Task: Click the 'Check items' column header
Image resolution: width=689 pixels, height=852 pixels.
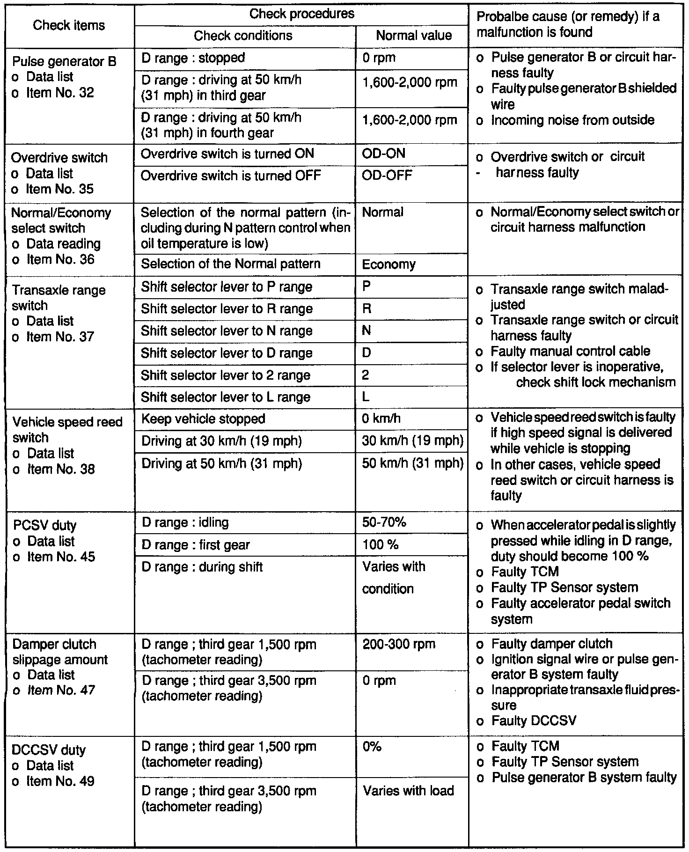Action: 69,25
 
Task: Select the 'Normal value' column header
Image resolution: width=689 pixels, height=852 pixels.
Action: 414,36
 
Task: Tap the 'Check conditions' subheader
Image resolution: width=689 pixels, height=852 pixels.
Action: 243,36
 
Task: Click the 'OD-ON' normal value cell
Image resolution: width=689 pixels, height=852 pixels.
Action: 384,154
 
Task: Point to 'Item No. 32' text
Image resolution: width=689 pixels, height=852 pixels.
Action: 60,93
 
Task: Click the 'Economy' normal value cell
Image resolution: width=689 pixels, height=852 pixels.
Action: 388,264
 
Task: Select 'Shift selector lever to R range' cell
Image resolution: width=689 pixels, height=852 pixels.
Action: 227,309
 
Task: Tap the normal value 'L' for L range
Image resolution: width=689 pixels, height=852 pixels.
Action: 366,397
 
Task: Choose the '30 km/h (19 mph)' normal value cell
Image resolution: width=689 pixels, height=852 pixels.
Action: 412,441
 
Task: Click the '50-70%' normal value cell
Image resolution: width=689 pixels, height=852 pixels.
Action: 384,522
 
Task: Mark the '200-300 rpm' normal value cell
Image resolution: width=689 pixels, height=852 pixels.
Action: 399,644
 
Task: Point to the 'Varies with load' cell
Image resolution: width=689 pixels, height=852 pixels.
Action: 408,791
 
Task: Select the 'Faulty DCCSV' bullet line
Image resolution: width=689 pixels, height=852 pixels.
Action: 534,720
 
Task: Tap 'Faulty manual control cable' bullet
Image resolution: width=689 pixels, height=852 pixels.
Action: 570,351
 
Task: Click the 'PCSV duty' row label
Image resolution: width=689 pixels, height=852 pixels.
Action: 44,525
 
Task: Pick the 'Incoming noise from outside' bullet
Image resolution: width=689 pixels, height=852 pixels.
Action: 572,120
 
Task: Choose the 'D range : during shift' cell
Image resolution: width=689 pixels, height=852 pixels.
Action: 202,567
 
